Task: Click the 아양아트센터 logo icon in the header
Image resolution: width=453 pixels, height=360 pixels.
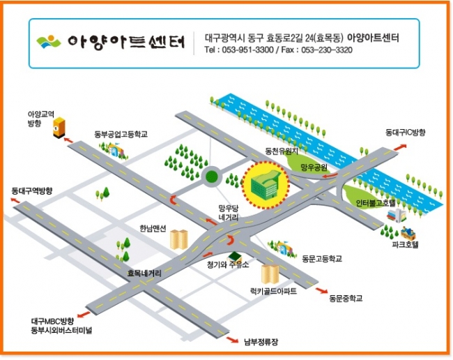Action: pos(48,42)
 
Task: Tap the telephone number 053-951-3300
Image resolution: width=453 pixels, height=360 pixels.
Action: pos(247,50)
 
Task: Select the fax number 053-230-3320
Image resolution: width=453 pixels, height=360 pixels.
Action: pos(327,50)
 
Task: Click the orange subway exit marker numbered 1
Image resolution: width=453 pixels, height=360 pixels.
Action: pos(59,128)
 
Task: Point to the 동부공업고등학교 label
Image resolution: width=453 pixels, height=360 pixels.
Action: pos(121,134)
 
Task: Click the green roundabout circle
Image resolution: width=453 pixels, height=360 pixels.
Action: pos(211,176)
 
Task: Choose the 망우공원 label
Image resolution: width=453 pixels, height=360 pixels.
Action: pos(314,167)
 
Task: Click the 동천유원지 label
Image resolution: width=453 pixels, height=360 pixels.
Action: pos(282,151)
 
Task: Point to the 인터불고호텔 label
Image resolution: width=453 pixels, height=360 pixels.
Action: pos(375,203)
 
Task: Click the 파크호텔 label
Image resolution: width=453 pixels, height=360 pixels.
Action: pos(405,245)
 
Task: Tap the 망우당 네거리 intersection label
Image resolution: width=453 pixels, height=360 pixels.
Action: pos(229,213)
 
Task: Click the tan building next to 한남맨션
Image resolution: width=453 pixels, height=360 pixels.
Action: pos(179,239)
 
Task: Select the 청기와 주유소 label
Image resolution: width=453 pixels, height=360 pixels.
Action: pos(228,264)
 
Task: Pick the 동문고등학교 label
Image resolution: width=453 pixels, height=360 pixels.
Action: pos(322,258)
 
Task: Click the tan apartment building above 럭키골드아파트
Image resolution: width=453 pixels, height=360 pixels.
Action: pos(270,273)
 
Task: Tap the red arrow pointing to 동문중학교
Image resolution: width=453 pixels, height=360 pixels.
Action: pos(321,290)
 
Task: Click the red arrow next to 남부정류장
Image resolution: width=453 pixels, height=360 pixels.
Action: pos(233,340)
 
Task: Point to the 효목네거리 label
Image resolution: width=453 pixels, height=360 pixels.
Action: pos(144,273)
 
